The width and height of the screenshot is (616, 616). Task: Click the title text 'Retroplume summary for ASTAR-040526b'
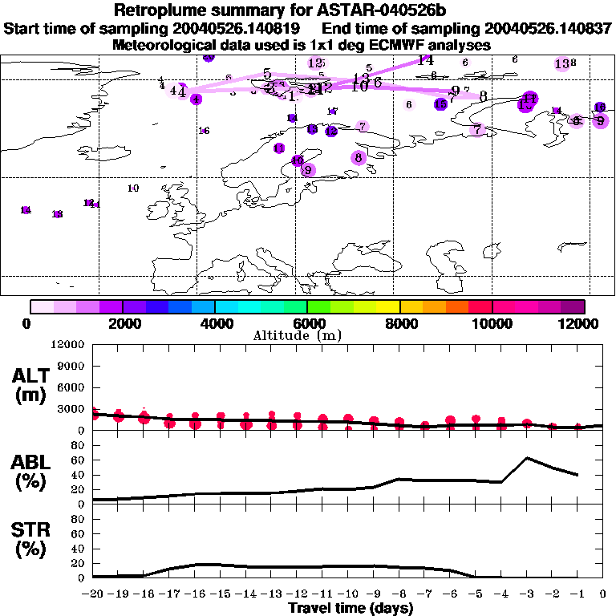(x=307, y=10)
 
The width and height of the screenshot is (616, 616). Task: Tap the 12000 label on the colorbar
(x=579, y=323)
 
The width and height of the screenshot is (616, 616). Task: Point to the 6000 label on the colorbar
(x=309, y=323)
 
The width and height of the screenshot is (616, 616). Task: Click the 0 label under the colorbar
(x=28, y=323)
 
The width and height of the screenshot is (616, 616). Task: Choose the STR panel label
(x=29, y=540)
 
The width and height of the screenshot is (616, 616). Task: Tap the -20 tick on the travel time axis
(x=93, y=594)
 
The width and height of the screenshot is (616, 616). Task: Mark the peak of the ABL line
(x=527, y=458)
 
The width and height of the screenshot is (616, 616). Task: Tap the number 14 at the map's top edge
(x=425, y=60)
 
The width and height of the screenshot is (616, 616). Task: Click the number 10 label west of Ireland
(x=133, y=188)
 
